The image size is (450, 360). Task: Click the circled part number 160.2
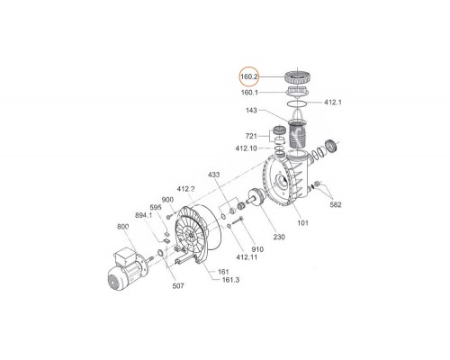click(248, 76)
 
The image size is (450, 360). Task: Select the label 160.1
click(249, 93)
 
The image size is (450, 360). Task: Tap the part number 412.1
click(333, 103)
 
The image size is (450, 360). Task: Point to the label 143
click(251, 111)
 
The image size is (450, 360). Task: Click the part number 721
click(251, 136)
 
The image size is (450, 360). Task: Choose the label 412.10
click(247, 148)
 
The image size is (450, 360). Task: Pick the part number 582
click(336, 204)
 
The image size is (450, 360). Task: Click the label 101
click(302, 222)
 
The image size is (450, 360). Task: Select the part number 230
click(279, 237)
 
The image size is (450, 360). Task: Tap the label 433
click(213, 175)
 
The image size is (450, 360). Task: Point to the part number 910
click(257, 249)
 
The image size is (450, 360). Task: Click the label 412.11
click(247, 257)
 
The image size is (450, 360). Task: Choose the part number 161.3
click(231, 280)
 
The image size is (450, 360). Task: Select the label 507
click(178, 286)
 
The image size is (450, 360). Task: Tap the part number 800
click(122, 227)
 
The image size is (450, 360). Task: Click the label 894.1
click(144, 215)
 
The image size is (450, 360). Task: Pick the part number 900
click(167, 200)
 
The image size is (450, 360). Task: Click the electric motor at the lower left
click(127, 269)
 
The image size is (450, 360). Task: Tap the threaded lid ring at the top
click(299, 77)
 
